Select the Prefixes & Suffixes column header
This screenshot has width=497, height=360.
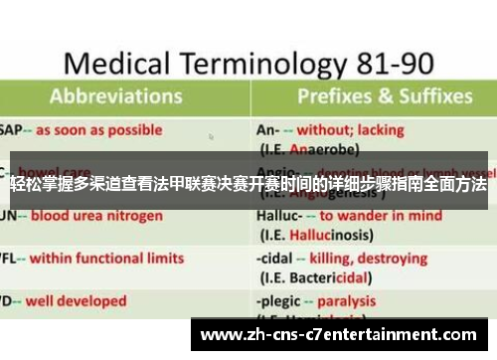[384, 97]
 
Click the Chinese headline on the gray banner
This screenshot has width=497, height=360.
[248, 186]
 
